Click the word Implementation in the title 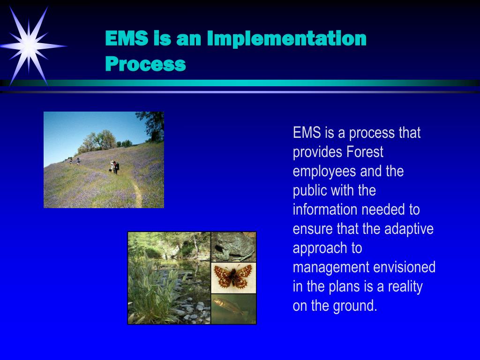(286, 38)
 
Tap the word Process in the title (145, 64)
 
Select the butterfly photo (233, 277)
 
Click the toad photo (233, 247)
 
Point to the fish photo (233, 308)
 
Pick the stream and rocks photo (169, 277)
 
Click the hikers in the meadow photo (114, 166)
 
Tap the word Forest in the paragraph (365, 152)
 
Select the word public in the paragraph (310, 191)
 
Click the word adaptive (409, 229)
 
